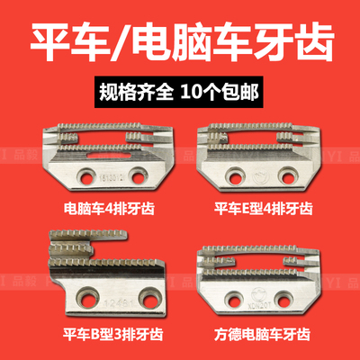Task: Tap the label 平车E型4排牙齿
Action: pyautogui.click(x=264, y=209)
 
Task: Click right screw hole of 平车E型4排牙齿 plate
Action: pyautogui.click(x=291, y=175)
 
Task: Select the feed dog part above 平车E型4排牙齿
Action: pyautogui.click(x=264, y=152)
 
